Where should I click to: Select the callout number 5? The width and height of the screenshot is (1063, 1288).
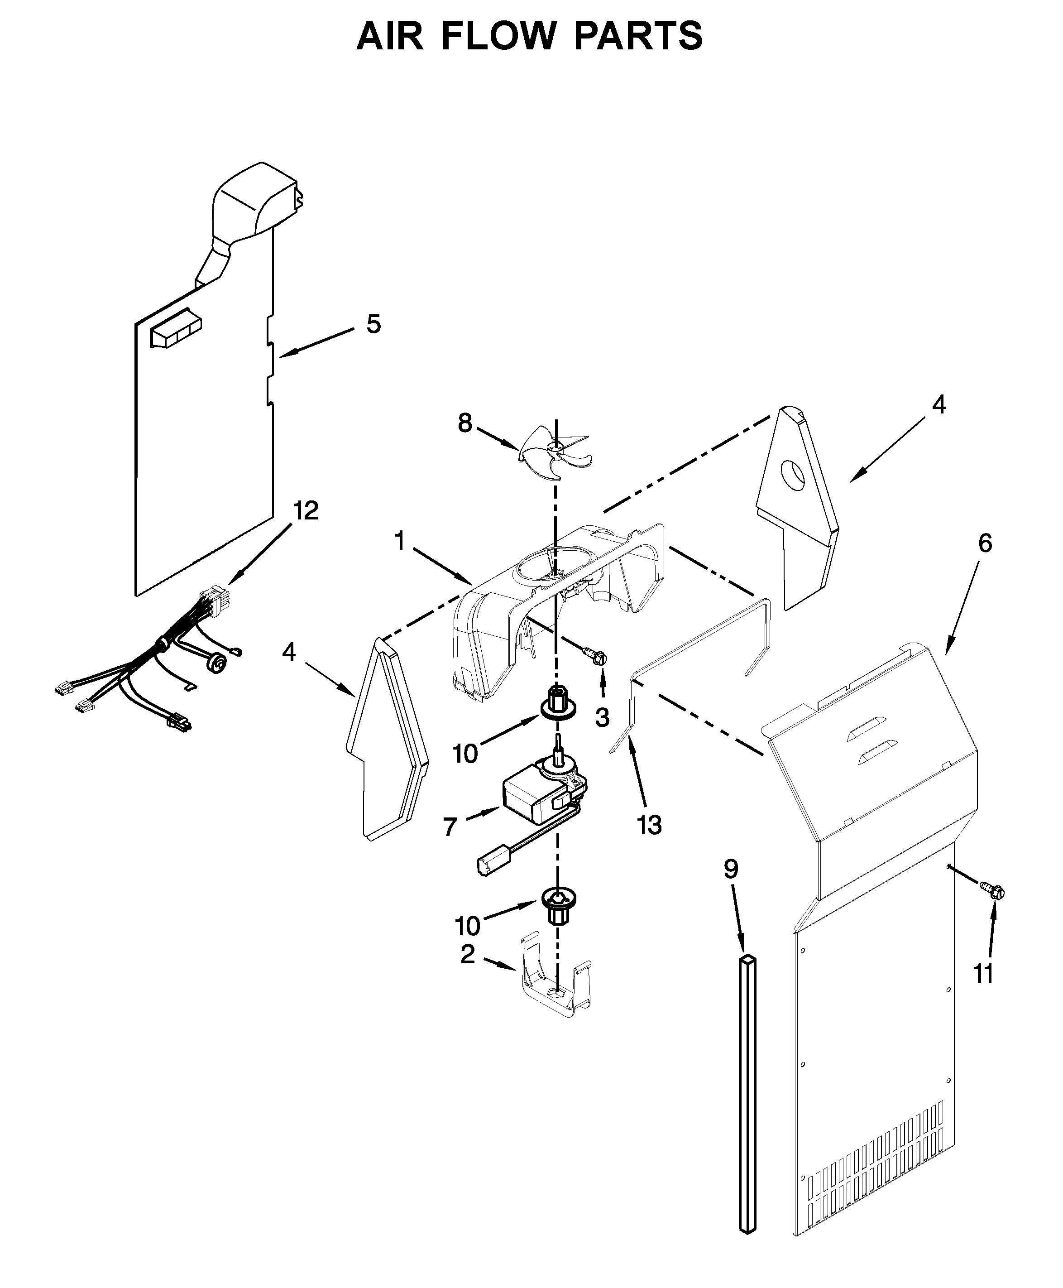tap(373, 324)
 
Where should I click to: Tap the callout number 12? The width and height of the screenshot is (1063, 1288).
tap(306, 510)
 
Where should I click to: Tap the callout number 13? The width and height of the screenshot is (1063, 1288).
tap(649, 826)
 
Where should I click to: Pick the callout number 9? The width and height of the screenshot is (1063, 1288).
tap(731, 869)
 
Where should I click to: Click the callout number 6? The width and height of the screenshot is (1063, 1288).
tap(985, 543)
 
